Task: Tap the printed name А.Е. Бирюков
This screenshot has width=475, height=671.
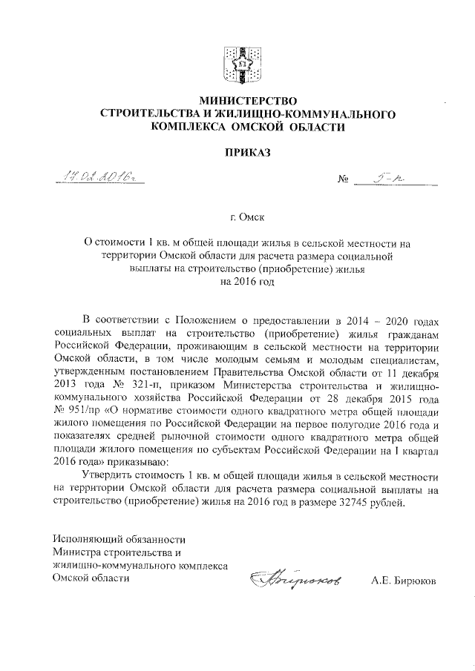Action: point(404,581)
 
